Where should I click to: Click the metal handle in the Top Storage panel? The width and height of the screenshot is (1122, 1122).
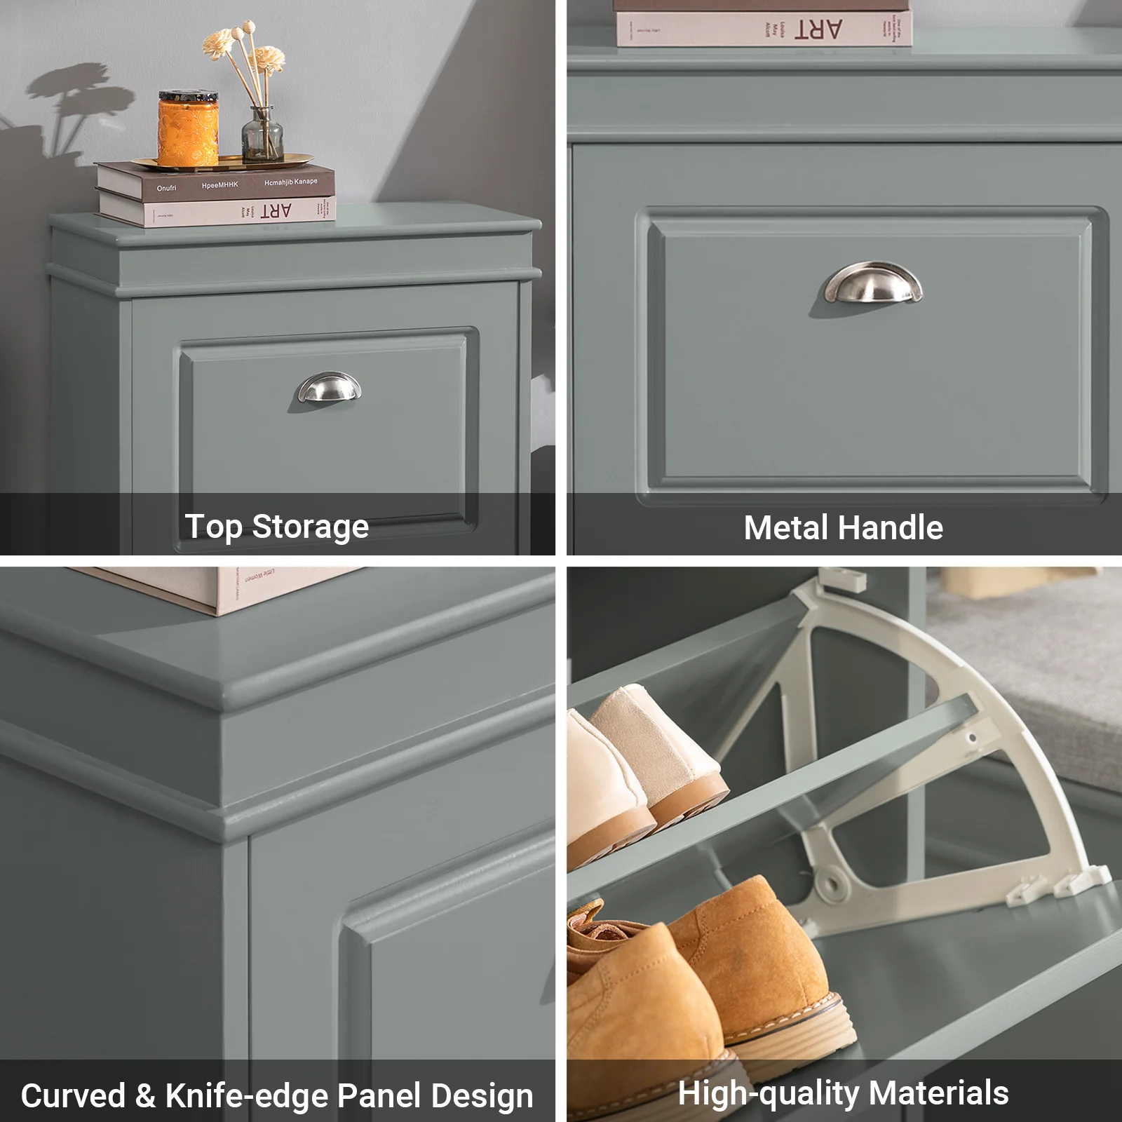[x=329, y=388]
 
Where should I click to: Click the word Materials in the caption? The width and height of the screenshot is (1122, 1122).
[x=938, y=1093]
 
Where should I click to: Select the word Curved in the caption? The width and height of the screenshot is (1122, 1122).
[x=73, y=1095]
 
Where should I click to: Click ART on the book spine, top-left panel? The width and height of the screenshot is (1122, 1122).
[x=276, y=211]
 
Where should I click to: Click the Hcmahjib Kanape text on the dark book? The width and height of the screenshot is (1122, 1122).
[x=290, y=182]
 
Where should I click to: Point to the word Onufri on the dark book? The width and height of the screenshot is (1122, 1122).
[x=166, y=188]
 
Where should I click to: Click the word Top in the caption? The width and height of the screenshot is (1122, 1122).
[x=213, y=527]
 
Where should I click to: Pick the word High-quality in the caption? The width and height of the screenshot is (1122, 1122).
[x=769, y=1093]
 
